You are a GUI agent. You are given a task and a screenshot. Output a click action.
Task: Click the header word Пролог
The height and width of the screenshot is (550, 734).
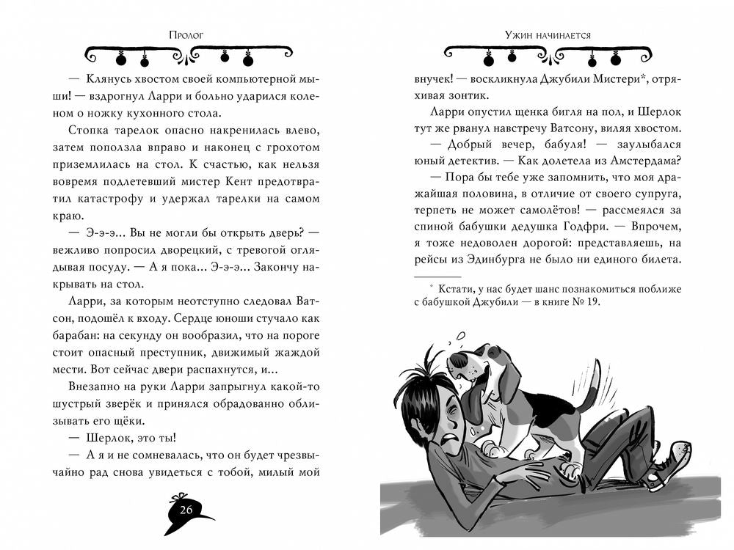(x=186, y=34)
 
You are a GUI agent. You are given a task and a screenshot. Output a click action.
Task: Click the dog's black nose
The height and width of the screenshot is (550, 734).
(x=455, y=361)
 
